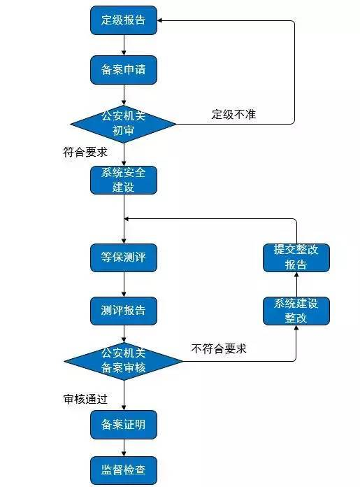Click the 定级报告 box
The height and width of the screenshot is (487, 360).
tap(124, 20)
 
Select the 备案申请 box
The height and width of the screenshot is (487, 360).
tap(124, 70)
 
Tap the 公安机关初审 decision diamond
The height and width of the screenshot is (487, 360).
tap(124, 124)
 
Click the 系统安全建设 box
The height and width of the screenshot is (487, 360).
tap(124, 180)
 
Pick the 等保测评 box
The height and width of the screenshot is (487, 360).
tap(124, 257)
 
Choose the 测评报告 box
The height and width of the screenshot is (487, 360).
tap(124, 309)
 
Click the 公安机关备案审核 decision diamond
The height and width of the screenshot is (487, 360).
tap(124, 361)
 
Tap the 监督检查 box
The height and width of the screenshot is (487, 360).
tap(124, 470)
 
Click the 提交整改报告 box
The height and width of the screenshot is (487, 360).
tap(296, 257)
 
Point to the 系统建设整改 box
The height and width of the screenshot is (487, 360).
tap(296, 310)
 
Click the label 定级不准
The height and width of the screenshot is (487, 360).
tap(233, 114)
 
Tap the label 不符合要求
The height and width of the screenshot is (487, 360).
tap(218, 348)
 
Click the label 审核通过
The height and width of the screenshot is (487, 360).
tap(85, 398)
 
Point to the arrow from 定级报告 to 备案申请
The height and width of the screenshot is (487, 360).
tap(124, 45)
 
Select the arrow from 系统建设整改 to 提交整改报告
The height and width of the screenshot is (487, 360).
tap(296, 284)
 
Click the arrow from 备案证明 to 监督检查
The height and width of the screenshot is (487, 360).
tap(124, 447)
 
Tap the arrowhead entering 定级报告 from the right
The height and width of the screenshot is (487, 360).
tap(162, 21)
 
